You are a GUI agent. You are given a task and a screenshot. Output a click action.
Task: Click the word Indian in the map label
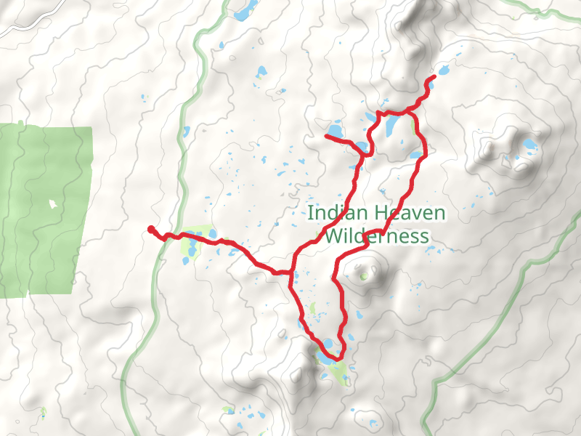tap(330, 213)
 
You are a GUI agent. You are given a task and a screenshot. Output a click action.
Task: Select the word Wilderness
tap(376, 236)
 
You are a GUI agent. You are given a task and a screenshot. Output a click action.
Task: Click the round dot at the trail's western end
tap(151, 230)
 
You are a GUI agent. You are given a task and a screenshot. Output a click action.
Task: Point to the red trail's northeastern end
tap(434, 77)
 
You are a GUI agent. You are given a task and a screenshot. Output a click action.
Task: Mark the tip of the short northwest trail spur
tap(326, 136)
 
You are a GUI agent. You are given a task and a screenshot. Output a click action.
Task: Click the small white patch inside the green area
tap(52, 204)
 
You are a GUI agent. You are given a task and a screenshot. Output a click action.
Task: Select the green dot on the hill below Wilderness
tap(363, 276)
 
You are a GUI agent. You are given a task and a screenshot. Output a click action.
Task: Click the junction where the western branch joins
tap(291, 272)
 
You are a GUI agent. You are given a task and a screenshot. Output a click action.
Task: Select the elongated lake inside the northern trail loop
tap(392, 127)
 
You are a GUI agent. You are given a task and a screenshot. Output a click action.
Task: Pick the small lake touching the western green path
tap(187, 132)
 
